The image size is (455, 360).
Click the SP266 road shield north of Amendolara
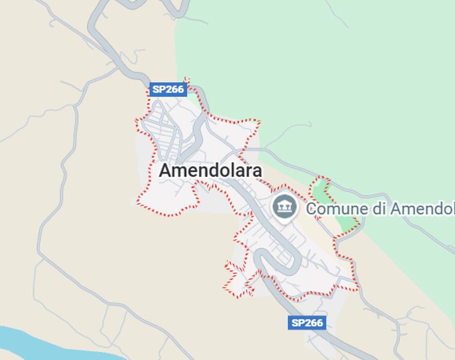pyautogui.click(x=168, y=89)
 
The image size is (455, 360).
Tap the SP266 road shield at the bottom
pyautogui.click(x=307, y=322)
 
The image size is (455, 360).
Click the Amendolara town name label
pyautogui.click(x=210, y=171)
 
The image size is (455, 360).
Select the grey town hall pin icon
pyautogui.click(x=284, y=206)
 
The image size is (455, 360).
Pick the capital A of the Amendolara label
pyautogui.click(x=165, y=171)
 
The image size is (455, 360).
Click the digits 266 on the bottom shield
pyautogui.click(x=314, y=322)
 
